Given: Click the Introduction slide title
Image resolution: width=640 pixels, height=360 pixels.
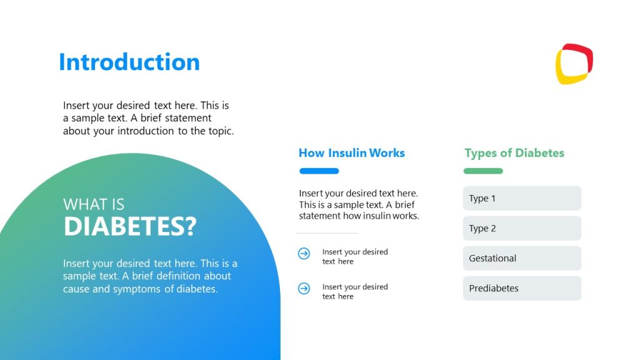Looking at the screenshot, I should click(x=129, y=62).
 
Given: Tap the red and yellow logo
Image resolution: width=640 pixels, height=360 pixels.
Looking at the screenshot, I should click(x=574, y=64).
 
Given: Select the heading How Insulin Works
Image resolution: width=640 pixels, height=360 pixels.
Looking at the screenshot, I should click(x=351, y=153).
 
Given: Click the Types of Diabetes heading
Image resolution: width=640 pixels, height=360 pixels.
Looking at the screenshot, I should click(x=514, y=153).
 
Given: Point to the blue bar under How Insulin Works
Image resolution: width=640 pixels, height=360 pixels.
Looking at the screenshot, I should click(x=319, y=171).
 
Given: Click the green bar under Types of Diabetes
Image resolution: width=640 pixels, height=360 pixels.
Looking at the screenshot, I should click(x=482, y=171).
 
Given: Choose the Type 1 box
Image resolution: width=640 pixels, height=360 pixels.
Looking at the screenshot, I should click(x=522, y=198).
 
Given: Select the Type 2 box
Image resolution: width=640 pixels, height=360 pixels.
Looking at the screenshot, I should click(x=522, y=228).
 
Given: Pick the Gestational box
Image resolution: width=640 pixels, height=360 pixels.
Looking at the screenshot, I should click(x=522, y=258).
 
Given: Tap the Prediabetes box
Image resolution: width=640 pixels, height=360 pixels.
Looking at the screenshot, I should click(x=522, y=288).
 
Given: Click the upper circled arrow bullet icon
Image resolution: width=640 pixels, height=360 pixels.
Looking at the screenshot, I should click(x=304, y=253).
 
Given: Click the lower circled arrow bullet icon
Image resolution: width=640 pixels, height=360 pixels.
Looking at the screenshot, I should click(x=304, y=288).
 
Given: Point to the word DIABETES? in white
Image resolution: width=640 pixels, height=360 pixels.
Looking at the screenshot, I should click(x=129, y=227).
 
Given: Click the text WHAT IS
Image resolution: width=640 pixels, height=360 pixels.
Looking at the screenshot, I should click(x=94, y=204).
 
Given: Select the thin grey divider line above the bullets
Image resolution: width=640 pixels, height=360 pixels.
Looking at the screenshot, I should click(x=326, y=233).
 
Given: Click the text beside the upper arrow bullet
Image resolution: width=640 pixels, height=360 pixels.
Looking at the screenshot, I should click(x=354, y=257).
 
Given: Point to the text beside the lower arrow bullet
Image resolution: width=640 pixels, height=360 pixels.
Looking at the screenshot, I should click(x=354, y=292).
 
